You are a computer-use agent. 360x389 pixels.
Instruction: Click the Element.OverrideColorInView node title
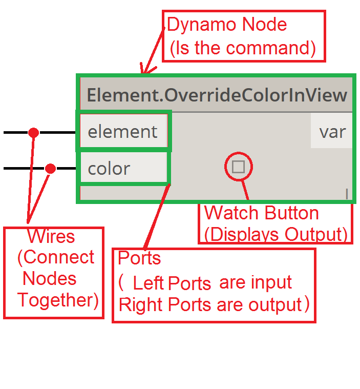pos(217,95)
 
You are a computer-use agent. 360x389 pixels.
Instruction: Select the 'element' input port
pos(122,132)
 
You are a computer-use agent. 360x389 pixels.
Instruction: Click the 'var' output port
pos(332,132)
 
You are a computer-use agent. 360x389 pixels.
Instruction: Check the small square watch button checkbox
pos(238,167)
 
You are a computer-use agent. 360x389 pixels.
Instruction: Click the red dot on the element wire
pos(34,133)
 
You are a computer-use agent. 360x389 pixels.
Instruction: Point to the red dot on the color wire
pos(50,168)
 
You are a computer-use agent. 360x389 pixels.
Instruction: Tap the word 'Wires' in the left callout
pos(51,237)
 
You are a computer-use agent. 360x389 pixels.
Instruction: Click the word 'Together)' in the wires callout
pos(58,300)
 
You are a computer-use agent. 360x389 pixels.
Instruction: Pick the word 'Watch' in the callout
pos(228,213)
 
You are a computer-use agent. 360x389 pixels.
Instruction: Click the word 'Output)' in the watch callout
pos(316,234)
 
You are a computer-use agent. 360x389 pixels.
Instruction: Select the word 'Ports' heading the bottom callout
pos(139,258)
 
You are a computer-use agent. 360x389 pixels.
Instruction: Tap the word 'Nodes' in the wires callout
pos(50,279)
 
